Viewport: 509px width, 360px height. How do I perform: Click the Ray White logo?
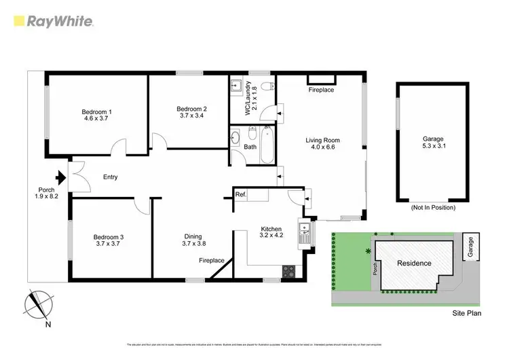click(52, 21)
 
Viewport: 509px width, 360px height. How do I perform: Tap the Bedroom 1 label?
click(96, 111)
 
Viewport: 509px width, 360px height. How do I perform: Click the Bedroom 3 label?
click(108, 237)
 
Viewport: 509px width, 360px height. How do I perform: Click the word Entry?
click(110, 177)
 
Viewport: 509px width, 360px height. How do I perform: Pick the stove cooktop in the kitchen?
click(288, 271)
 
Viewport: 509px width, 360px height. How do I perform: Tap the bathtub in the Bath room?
click(266, 145)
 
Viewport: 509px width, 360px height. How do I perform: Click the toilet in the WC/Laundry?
click(267, 85)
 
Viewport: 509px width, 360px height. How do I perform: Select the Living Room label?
click(322, 141)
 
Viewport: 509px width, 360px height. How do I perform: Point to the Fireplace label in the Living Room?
click(321, 90)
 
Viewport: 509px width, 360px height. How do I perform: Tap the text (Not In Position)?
click(433, 207)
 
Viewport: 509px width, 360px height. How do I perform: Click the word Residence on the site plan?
click(414, 263)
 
